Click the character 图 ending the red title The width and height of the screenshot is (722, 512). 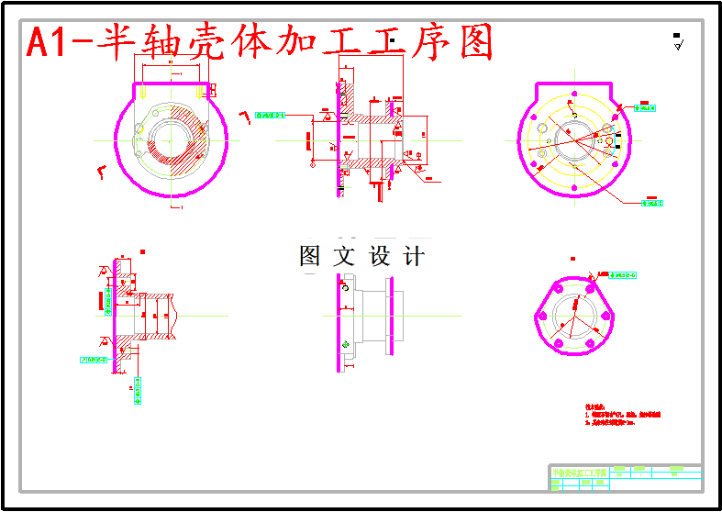[476, 42]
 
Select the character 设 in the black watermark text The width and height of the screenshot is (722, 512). [380, 257]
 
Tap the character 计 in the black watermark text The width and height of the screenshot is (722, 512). [415, 257]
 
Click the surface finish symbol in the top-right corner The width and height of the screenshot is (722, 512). [678, 42]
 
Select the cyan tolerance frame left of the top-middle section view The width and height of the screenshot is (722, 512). [272, 116]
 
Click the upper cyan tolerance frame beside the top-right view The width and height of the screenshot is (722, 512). [648, 108]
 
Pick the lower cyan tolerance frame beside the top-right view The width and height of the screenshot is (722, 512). [652, 203]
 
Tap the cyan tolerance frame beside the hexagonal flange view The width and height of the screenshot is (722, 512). [625, 274]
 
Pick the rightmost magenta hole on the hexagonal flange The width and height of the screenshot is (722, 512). [607, 317]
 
